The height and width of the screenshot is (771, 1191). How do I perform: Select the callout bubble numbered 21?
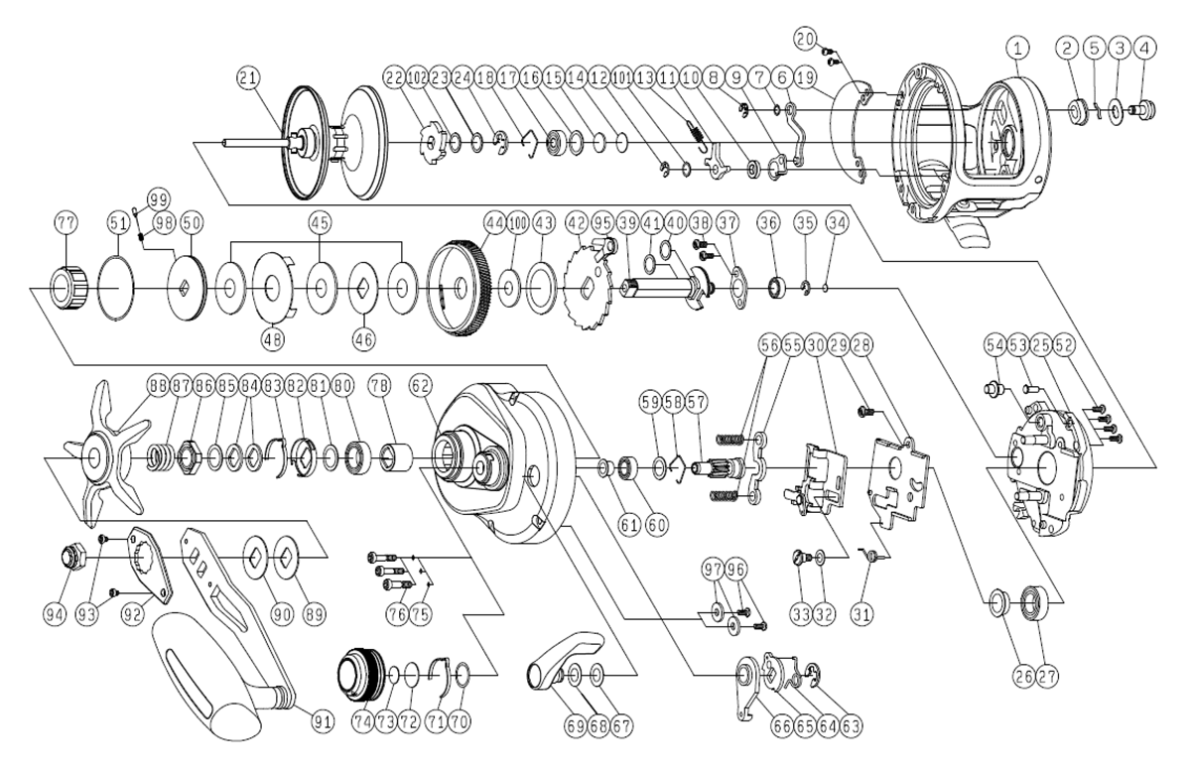250,77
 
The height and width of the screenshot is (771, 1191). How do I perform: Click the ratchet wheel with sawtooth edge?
581,288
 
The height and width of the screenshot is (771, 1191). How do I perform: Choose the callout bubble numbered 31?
863,614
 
